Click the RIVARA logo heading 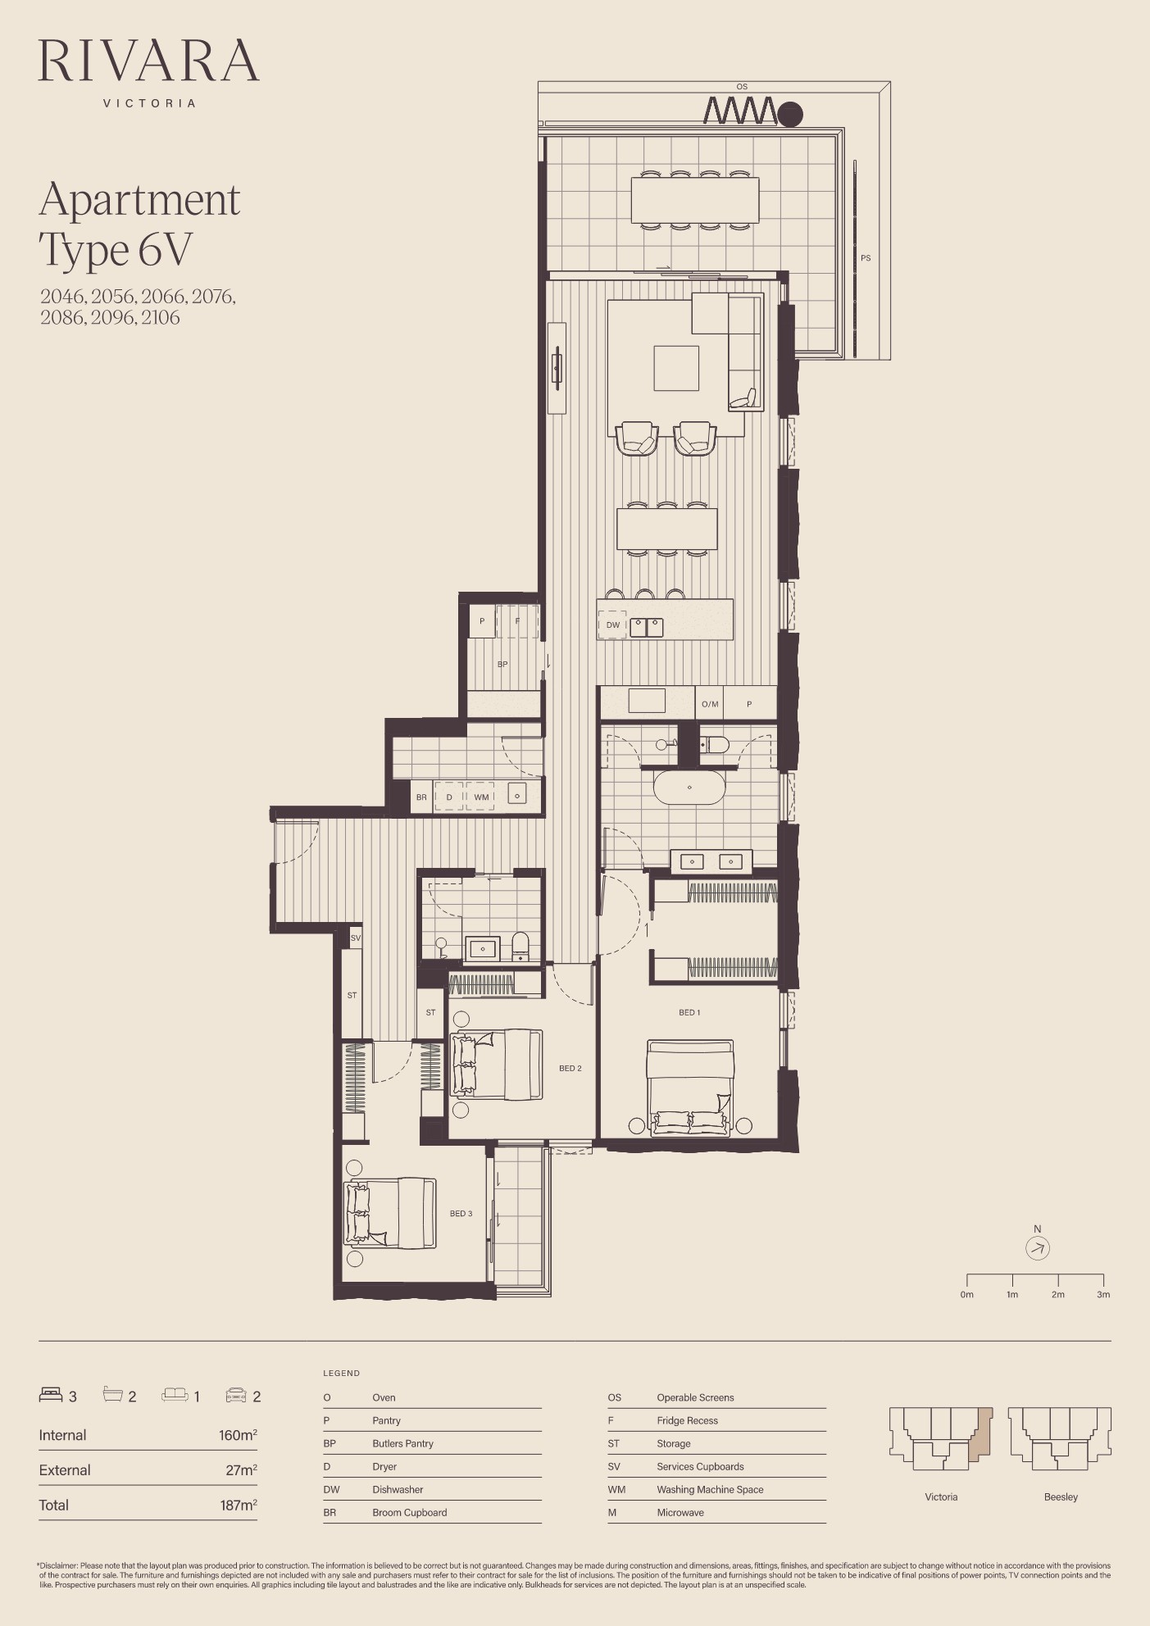coord(148,60)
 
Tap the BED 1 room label coord(689,1012)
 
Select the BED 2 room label coord(570,1068)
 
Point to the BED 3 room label coord(461,1213)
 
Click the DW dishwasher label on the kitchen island coord(613,625)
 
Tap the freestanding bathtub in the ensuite coord(689,788)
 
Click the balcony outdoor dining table coord(695,200)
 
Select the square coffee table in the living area coord(676,368)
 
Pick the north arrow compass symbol coord(1038,1248)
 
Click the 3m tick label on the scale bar coord(1103,1295)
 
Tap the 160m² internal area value coord(238,1435)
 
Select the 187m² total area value coord(239,1505)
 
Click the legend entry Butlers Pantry coord(402,1443)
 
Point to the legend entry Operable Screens coord(695,1397)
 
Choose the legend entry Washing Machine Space coord(710,1489)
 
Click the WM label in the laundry coord(481,797)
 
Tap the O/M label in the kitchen coord(710,704)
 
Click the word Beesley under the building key coord(1061,1497)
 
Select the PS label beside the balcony coord(866,258)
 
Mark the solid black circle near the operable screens coord(790,114)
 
